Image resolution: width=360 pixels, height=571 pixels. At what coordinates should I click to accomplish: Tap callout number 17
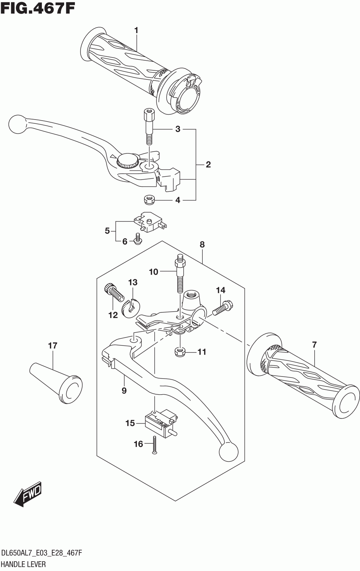click(x=53, y=346)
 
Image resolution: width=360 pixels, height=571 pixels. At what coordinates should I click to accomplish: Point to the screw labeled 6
click(x=138, y=238)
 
